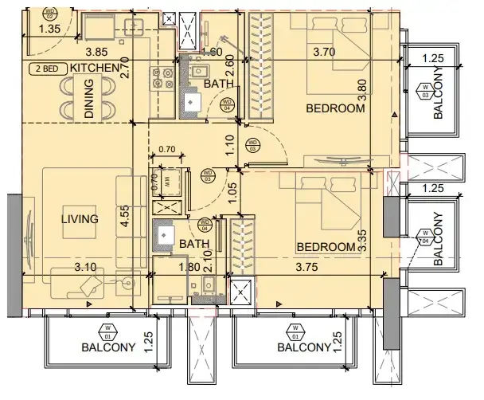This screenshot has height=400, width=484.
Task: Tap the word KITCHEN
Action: click(x=95, y=69)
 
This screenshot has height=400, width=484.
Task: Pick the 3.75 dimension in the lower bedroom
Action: click(x=312, y=268)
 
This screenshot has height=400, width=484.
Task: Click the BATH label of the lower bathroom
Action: click(x=194, y=245)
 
